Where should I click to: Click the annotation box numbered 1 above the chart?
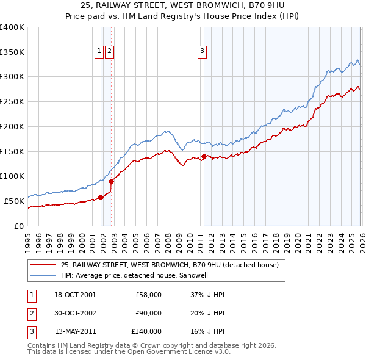99,52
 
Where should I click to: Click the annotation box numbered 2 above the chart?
109,52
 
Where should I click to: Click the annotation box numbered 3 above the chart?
202,52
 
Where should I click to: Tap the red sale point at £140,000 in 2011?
204,156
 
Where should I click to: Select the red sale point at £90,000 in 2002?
112,181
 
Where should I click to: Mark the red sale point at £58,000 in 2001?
101,196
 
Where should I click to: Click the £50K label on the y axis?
14,201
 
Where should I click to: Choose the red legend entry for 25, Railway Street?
170,265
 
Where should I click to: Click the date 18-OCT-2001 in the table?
75,295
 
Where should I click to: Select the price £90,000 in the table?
148,313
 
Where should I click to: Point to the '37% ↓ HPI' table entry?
207,295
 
